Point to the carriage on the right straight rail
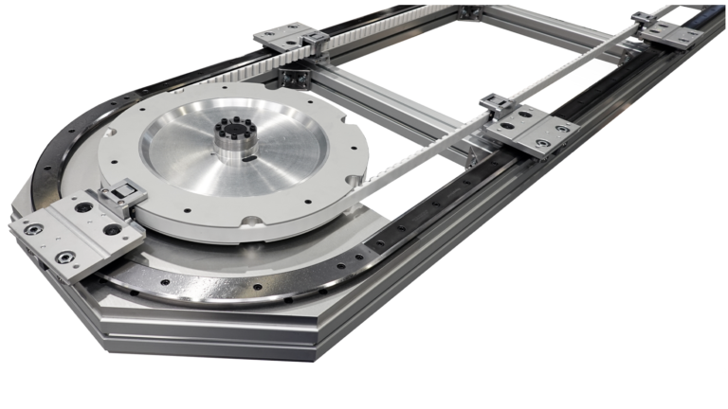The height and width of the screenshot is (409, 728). (x=531, y=129)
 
